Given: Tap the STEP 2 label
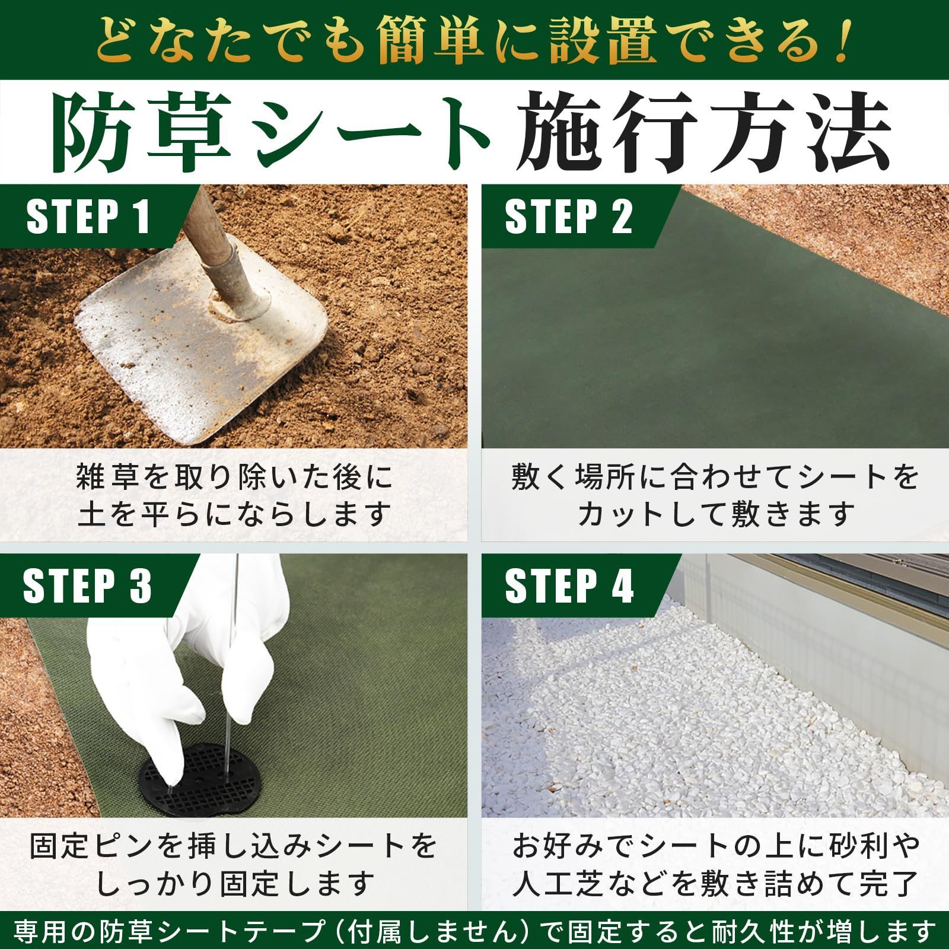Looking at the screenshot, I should [x=568, y=218].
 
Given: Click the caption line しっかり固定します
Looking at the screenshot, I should [x=234, y=884].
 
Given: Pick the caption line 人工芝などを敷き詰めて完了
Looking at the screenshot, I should [x=715, y=884].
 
